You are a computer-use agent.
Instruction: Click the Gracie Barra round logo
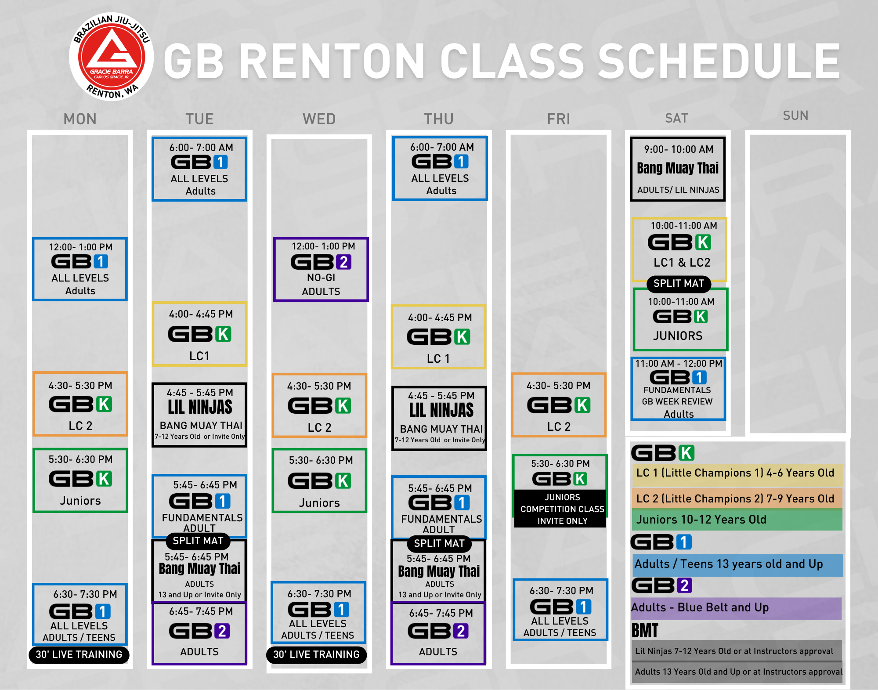click(111, 57)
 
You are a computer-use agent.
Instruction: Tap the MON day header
click(80, 119)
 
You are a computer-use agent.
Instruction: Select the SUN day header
click(795, 116)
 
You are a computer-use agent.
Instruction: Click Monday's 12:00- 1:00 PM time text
click(80, 247)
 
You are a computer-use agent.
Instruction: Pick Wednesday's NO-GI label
click(321, 278)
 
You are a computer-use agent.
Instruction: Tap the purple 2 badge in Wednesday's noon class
click(344, 262)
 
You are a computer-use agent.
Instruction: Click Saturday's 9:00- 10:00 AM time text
click(679, 149)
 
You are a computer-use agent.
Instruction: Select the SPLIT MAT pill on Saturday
click(679, 283)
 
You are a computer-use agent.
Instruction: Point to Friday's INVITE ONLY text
click(562, 521)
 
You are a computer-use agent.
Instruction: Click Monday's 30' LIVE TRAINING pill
click(79, 654)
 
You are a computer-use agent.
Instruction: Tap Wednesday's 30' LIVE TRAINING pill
click(316, 654)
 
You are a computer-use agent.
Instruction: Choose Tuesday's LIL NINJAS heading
click(200, 407)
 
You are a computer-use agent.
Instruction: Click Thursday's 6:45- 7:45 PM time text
click(441, 613)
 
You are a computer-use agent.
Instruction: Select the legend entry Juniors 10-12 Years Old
click(701, 520)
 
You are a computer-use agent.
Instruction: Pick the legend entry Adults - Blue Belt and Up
click(700, 607)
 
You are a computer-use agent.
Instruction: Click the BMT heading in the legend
click(645, 631)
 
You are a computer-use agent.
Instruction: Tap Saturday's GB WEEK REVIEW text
click(677, 401)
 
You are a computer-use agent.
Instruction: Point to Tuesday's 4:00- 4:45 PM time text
click(201, 314)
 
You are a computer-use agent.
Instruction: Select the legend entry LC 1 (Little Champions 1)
click(735, 473)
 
